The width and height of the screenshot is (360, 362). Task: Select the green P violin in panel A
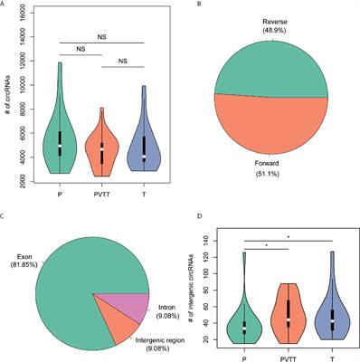tap(61, 136)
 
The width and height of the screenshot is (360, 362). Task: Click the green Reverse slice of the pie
tap(271, 63)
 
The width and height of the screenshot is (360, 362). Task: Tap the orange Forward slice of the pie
tap(271, 122)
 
